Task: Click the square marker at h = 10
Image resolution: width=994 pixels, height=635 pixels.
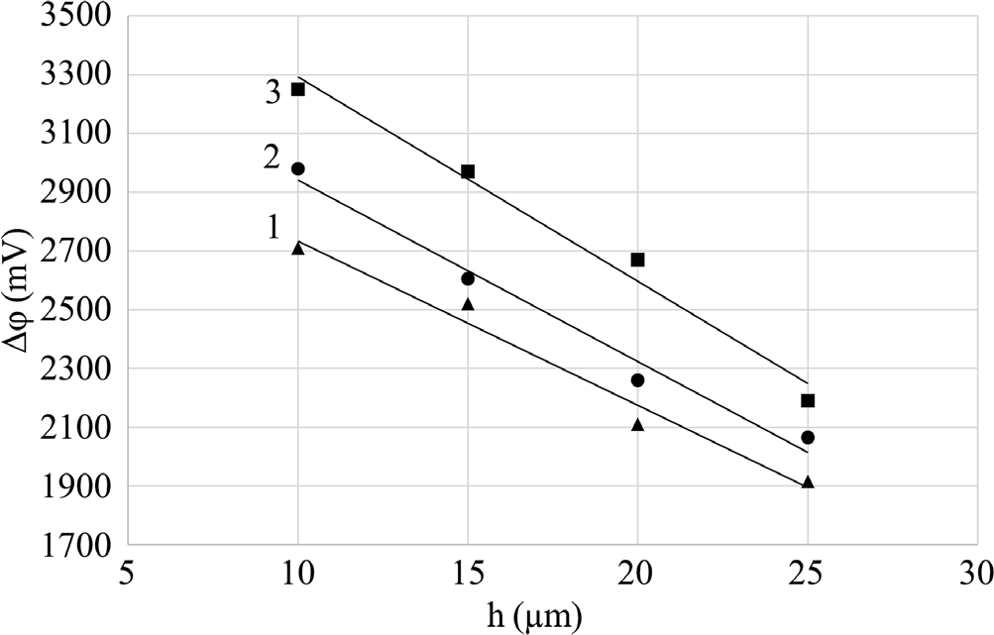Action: (x=297, y=89)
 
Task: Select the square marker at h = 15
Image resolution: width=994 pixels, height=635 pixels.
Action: (x=468, y=171)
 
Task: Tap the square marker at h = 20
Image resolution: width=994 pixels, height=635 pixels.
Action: (x=637, y=260)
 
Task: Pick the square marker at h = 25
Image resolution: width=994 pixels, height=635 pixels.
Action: (x=808, y=400)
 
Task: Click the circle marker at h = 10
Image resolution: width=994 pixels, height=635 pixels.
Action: (x=297, y=168)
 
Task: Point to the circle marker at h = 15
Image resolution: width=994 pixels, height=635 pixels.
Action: (x=468, y=278)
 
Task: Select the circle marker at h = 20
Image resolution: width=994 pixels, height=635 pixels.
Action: (x=637, y=380)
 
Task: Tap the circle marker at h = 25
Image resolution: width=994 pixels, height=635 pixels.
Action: (x=808, y=437)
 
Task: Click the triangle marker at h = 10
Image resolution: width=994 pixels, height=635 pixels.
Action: (x=297, y=249)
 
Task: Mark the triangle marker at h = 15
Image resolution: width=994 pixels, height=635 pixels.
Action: (x=468, y=304)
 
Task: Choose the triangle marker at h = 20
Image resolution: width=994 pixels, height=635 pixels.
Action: (x=637, y=425)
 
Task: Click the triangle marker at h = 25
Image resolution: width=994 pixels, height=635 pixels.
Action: (x=808, y=482)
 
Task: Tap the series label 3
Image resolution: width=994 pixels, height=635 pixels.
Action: (x=272, y=92)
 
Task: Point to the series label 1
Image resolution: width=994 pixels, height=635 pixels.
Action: (x=273, y=227)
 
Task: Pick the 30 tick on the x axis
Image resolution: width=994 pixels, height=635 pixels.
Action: (x=977, y=575)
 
